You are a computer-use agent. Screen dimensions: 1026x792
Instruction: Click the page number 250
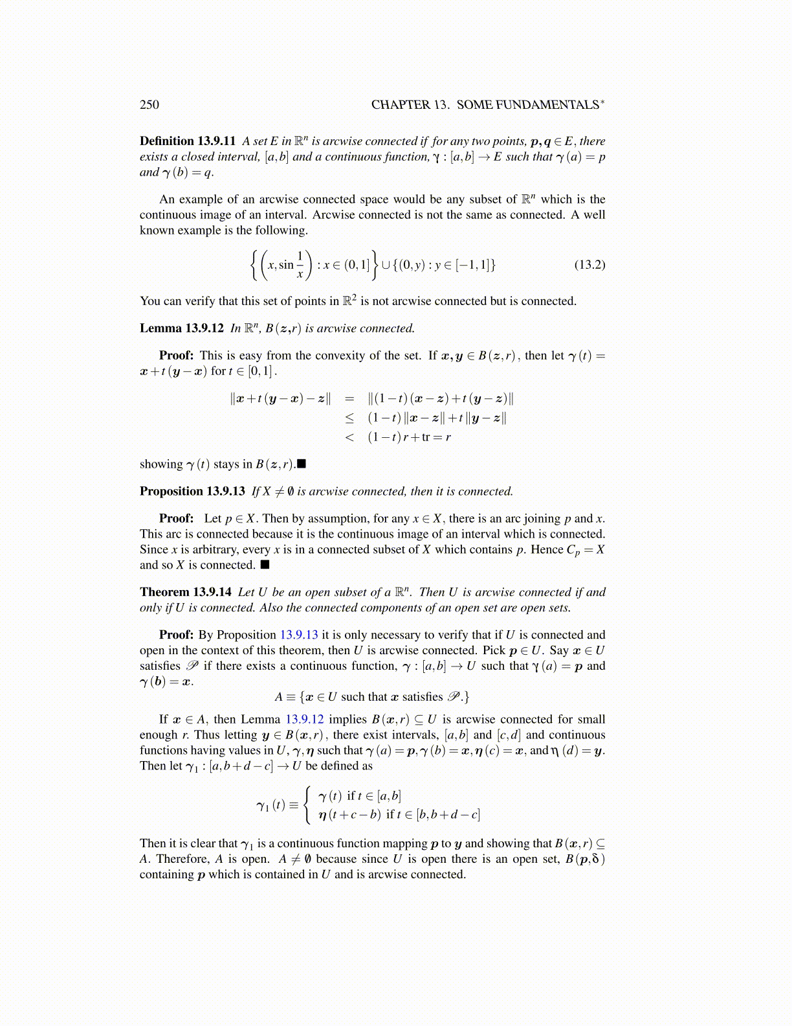pos(149,105)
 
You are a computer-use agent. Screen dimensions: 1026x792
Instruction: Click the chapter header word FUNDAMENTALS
pos(551,105)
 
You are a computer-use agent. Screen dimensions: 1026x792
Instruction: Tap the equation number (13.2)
pos(589,264)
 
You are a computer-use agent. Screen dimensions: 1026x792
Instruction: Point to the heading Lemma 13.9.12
pos(182,328)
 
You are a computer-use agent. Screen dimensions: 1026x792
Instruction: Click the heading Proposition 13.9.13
pos(192,492)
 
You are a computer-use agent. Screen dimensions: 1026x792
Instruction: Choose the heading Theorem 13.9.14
pos(186,592)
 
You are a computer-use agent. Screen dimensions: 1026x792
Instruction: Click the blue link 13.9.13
pos(299,635)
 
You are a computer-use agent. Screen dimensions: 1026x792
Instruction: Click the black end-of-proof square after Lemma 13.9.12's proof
pos(302,464)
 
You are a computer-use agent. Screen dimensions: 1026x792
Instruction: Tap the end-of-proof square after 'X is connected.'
pos(265,565)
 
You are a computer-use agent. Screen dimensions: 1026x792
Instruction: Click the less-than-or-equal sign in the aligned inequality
pos(349,418)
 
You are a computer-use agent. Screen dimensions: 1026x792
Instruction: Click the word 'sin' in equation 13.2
pos(286,264)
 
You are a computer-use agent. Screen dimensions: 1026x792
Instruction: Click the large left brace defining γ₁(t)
pos(309,805)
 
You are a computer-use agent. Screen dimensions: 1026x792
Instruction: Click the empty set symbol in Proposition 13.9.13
pos(291,492)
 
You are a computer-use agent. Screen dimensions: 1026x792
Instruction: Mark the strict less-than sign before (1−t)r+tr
pos(349,437)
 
